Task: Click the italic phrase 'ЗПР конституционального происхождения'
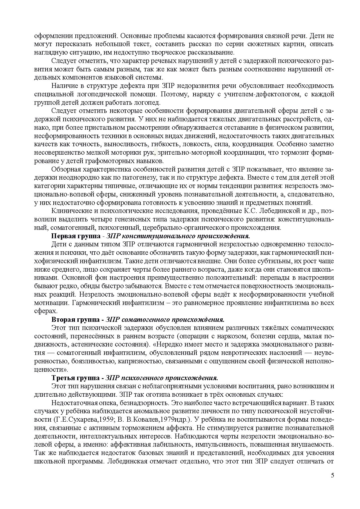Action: (178, 236)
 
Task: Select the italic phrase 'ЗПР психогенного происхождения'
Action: (162, 378)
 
